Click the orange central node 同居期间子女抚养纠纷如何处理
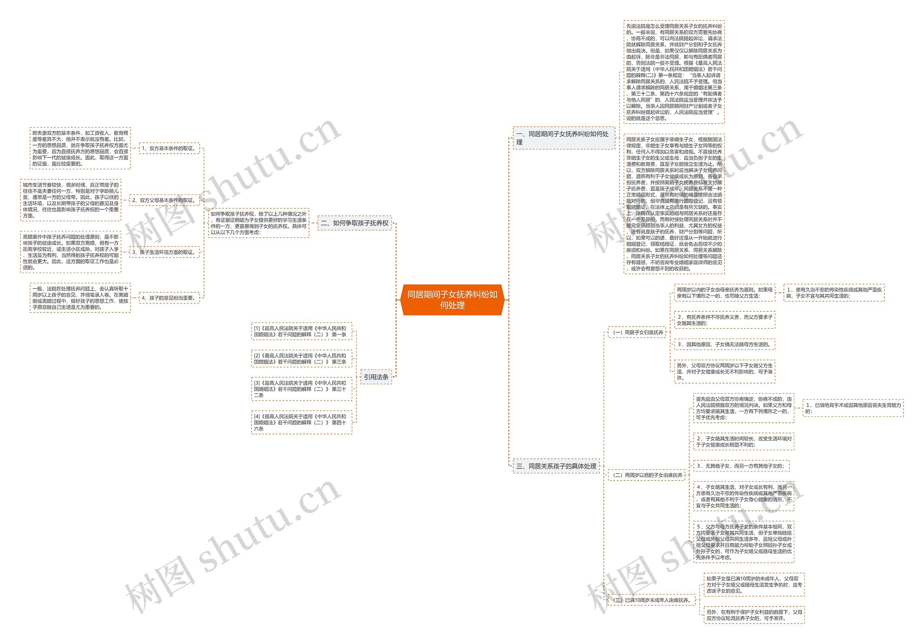[x=452, y=300]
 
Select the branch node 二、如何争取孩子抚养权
[x=354, y=223]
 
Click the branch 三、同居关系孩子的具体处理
[x=556, y=466]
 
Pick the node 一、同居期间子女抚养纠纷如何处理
[x=563, y=137]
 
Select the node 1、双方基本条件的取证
[x=169, y=148]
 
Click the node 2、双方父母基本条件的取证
[x=164, y=200]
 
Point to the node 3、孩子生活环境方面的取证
[x=164, y=252]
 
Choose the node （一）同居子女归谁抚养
[x=637, y=332]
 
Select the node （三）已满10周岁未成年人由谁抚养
[x=651, y=600]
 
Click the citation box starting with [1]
[x=301, y=332]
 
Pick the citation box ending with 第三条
[x=301, y=359]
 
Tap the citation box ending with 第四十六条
[x=301, y=422]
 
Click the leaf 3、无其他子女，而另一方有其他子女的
[x=741, y=466]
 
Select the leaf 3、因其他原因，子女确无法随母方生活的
[x=724, y=344]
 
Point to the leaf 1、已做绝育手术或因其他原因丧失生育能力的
[x=853, y=408]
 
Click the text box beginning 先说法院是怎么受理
[x=674, y=72]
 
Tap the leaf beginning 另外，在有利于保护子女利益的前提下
[x=754, y=615]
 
